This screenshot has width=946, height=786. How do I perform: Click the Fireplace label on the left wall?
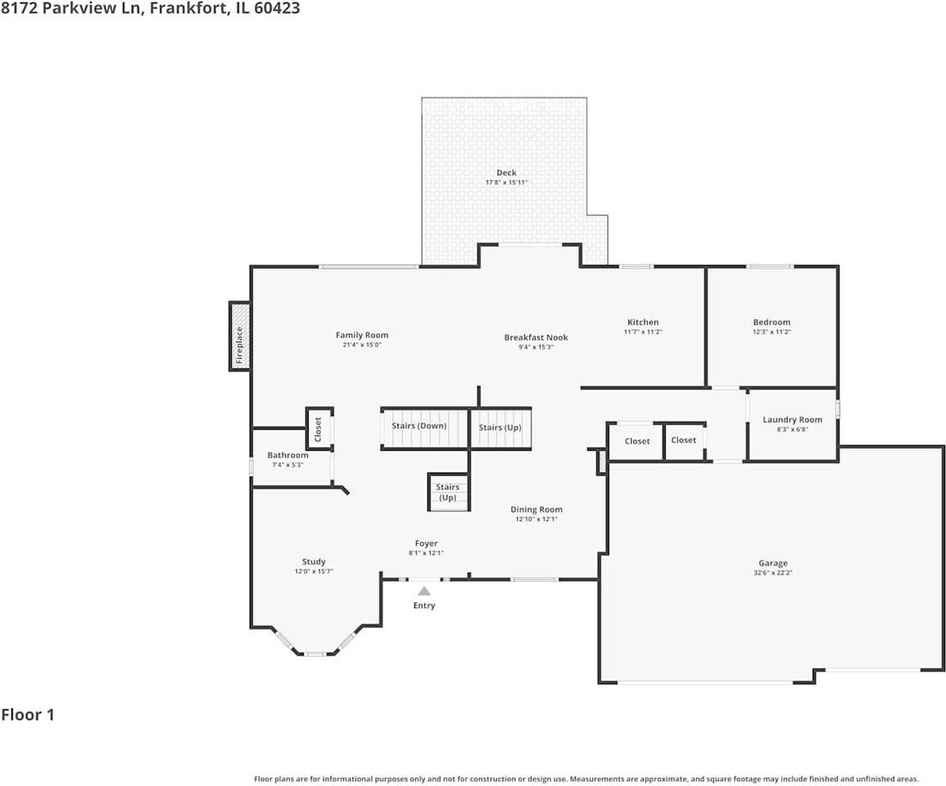[239, 345]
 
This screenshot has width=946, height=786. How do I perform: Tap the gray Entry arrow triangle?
[425, 591]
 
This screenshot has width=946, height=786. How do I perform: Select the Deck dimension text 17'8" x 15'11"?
[507, 183]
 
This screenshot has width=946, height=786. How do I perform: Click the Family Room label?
[362, 335]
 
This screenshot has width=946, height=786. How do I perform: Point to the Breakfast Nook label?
[536, 337]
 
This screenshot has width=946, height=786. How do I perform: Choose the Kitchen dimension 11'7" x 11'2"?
[643, 332]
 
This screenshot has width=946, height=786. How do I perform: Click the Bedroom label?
[772, 322]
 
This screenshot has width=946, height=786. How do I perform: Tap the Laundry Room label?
[792, 419]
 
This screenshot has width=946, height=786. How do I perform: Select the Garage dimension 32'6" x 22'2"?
[773, 573]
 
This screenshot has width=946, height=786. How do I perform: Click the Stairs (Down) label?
[419, 426]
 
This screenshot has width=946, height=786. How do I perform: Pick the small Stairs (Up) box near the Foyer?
[448, 492]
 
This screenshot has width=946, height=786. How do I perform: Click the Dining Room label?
[536, 509]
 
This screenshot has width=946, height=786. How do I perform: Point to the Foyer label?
[427, 544]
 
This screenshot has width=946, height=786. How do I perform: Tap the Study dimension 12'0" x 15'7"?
[314, 571]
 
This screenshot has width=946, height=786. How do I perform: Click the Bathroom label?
[287, 455]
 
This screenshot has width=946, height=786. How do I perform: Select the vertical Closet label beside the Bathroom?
[318, 429]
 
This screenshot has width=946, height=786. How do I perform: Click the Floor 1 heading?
[28, 715]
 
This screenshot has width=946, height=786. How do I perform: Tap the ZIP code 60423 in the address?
[277, 8]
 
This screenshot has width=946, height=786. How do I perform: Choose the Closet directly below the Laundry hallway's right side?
[684, 440]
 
